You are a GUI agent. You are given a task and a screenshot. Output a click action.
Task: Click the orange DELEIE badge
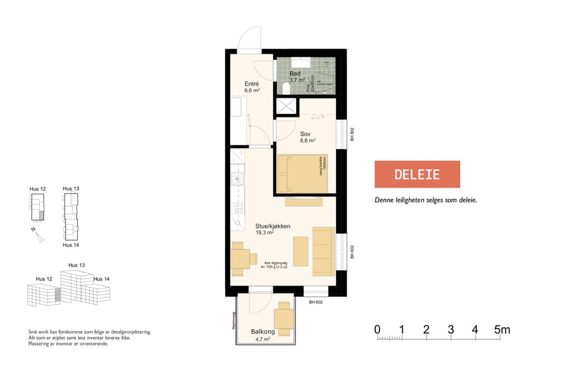click(417, 174)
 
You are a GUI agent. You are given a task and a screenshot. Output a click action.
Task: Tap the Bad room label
click(294, 74)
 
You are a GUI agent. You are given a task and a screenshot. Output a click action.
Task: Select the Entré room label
click(251, 84)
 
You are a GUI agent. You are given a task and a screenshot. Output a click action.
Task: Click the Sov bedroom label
click(305, 133)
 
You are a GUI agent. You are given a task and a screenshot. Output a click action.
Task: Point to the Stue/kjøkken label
click(273, 226)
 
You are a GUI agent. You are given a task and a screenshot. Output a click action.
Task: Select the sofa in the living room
click(322, 251)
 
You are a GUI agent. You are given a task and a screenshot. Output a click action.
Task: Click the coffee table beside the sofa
click(300, 251)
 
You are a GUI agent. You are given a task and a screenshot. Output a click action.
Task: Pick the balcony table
click(284, 318)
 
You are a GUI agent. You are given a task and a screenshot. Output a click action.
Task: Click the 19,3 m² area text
click(264, 233)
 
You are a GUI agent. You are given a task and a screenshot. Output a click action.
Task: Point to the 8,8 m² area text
click(307, 140)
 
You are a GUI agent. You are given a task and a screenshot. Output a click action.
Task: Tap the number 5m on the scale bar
click(502, 329)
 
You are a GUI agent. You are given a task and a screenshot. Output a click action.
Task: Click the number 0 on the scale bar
click(377, 329)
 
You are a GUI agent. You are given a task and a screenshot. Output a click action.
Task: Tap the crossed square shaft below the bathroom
click(287, 106)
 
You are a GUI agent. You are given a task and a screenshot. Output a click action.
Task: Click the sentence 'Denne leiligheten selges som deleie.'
click(425, 201)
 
